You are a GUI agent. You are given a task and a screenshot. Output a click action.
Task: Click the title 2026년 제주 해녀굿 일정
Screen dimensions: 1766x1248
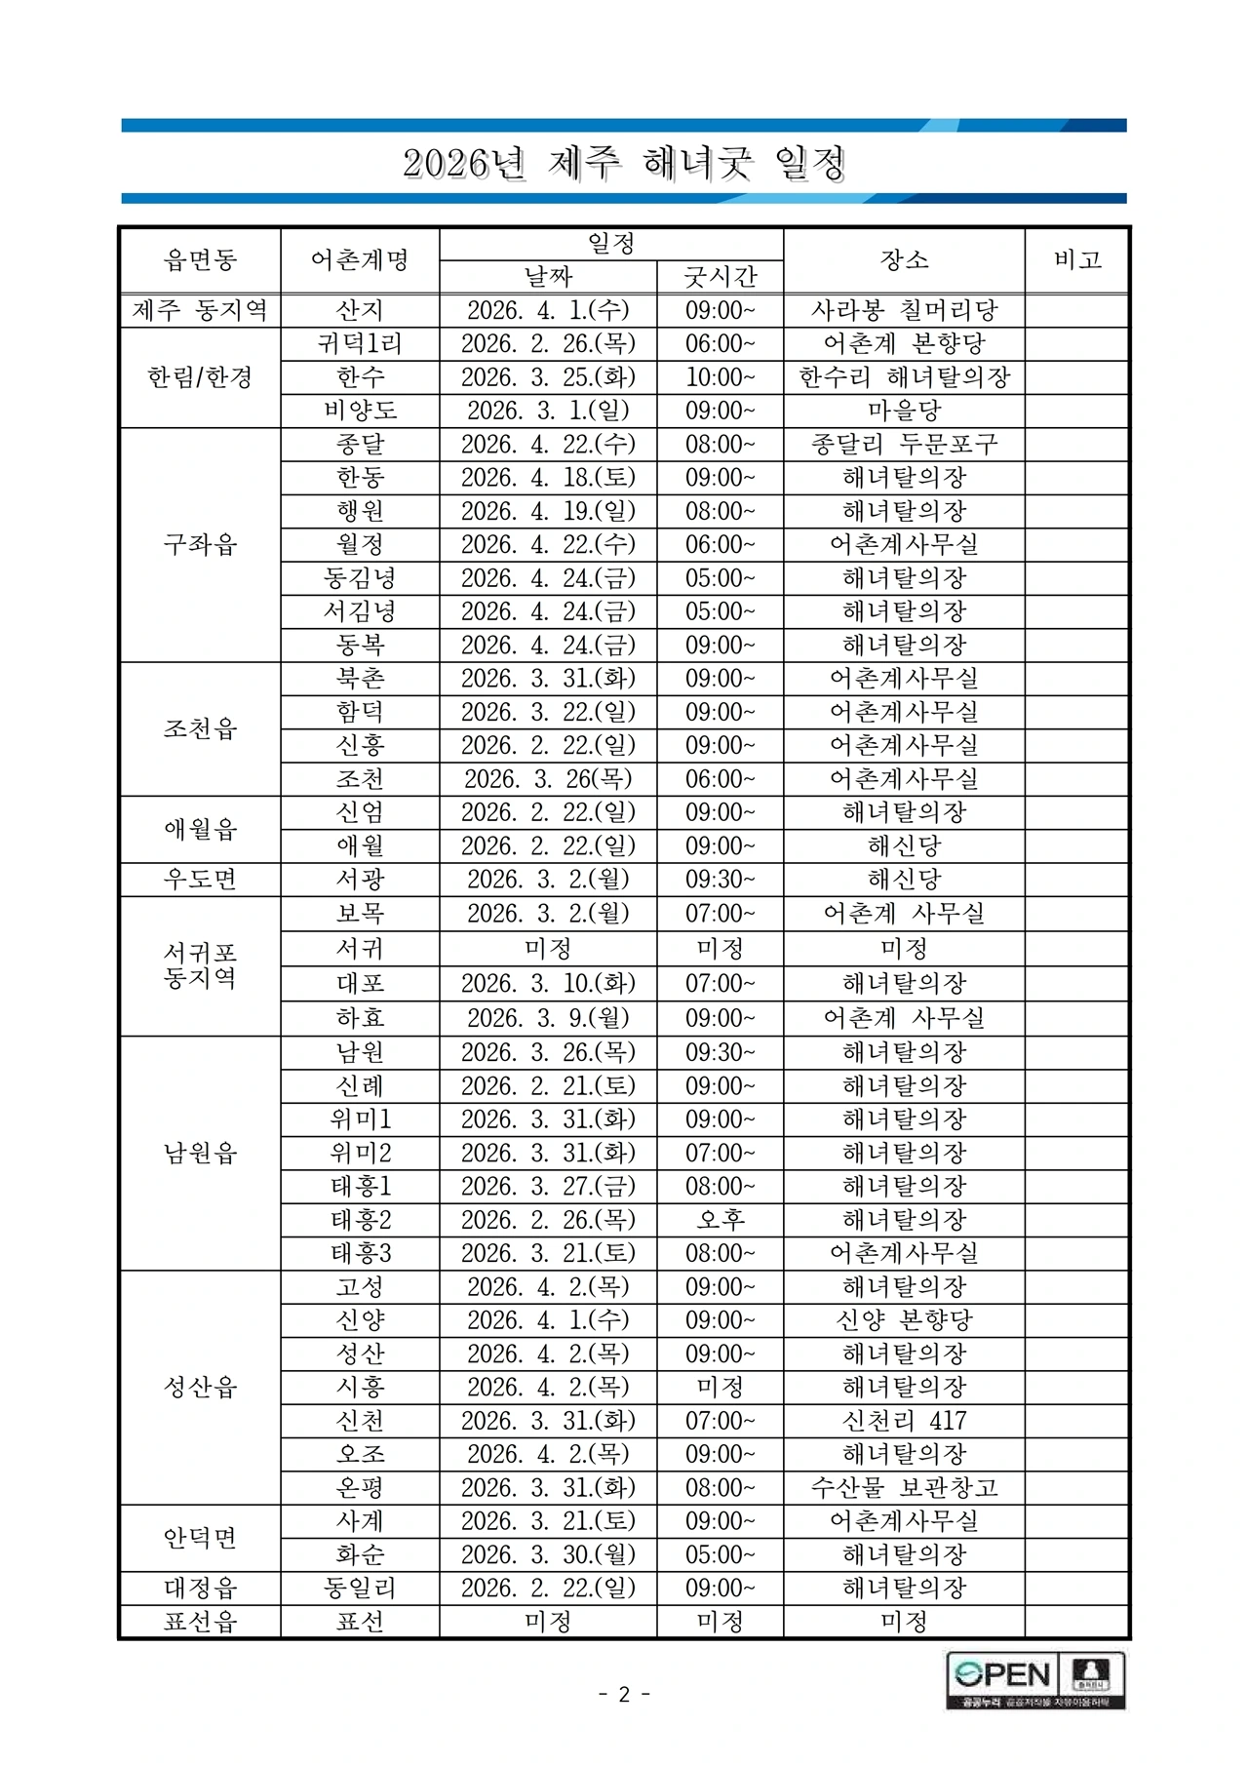point(624,164)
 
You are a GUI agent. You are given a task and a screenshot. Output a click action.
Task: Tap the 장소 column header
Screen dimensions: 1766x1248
point(904,259)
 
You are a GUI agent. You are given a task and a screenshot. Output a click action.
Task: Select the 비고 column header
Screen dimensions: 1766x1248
point(1077,259)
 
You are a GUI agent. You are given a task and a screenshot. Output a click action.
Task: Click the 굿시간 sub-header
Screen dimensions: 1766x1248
point(720,276)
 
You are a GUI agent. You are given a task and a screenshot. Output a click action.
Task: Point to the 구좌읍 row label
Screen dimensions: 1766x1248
point(200,544)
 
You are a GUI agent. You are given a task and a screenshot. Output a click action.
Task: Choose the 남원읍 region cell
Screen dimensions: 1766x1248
point(200,1154)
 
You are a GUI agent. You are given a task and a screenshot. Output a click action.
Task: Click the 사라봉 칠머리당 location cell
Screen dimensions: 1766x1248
point(904,310)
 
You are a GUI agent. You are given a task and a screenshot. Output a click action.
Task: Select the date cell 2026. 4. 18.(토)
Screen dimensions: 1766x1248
point(548,478)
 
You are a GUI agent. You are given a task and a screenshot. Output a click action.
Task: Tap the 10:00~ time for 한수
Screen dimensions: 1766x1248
point(720,376)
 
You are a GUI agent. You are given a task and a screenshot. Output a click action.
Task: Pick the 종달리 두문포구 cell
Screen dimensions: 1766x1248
point(904,445)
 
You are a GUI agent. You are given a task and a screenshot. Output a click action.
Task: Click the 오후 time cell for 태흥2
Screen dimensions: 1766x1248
point(720,1220)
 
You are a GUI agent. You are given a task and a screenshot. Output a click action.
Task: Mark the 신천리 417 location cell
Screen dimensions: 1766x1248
point(904,1421)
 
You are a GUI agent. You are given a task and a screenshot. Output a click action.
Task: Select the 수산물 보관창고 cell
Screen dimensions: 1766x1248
point(904,1488)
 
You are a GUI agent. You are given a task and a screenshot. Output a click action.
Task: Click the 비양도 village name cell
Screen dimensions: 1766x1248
point(360,411)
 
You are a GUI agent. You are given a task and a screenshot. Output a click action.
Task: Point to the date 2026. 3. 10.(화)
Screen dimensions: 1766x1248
point(548,983)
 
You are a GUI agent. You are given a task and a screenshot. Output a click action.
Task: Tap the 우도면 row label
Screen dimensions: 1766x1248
point(200,880)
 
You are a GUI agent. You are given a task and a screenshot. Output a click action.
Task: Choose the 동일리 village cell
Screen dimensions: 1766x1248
point(360,1589)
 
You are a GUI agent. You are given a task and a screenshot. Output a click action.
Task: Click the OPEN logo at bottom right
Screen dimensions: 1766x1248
point(1002,1675)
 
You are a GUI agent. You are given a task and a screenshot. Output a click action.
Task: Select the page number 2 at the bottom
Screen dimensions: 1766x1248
point(624,1694)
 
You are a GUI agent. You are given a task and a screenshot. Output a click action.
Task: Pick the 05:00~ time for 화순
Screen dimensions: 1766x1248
point(720,1555)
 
